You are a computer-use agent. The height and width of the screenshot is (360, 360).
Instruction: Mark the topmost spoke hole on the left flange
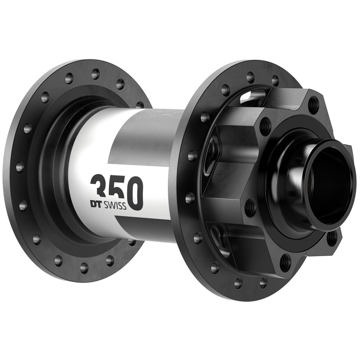95,72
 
